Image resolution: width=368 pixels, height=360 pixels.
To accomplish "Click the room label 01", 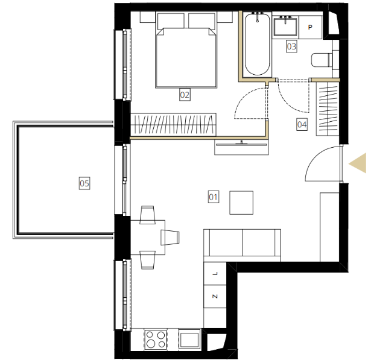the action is click(214, 197).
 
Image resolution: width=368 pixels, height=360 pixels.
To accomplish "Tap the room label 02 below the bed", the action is click(185, 95).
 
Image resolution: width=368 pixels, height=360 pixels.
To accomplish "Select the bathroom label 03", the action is click(291, 46).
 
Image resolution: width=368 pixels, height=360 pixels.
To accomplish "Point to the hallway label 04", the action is click(302, 124).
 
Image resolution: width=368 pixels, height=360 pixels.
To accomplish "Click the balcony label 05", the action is click(84, 183).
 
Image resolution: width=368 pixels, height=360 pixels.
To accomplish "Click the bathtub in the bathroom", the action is click(257, 44).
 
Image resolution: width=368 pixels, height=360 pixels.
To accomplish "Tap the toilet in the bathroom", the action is click(322, 60).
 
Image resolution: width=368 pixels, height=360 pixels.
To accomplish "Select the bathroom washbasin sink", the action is click(285, 27).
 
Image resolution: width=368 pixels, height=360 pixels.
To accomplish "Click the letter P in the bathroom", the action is click(310, 27).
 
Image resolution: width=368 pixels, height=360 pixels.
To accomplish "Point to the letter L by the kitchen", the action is click(215, 273).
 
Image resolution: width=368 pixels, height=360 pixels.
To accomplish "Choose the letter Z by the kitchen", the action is click(215, 296).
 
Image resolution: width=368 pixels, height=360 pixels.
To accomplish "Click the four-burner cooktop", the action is click(156, 339).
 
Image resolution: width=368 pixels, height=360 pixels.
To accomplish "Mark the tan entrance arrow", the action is click(357, 163).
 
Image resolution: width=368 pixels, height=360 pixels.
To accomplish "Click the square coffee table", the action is click(241, 203).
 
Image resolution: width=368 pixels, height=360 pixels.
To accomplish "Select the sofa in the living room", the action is click(242, 245).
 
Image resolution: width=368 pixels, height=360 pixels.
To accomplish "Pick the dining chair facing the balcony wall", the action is click(170, 238).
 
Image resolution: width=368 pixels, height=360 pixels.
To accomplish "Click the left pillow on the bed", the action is click(171, 21).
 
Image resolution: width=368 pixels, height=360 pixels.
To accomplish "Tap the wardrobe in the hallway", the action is click(328, 109).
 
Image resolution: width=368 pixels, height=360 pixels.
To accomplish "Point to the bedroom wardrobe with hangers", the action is click(173, 125).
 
